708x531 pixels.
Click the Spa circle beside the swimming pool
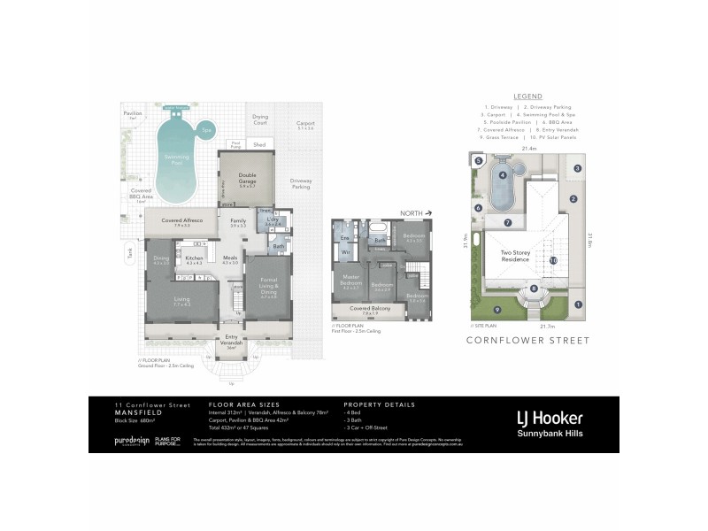click(x=206, y=130)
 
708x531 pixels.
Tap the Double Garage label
click(x=247, y=178)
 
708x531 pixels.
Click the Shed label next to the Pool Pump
click(x=258, y=143)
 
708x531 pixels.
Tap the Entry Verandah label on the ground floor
click(x=232, y=339)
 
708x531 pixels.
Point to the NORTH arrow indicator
click(x=413, y=214)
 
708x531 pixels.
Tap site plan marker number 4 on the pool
click(x=503, y=175)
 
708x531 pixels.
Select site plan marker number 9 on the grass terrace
click(x=496, y=309)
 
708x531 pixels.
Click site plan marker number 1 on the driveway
click(x=579, y=305)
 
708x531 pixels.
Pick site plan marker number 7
click(x=507, y=222)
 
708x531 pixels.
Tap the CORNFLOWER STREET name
click(x=527, y=339)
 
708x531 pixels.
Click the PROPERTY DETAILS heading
click(x=380, y=404)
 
